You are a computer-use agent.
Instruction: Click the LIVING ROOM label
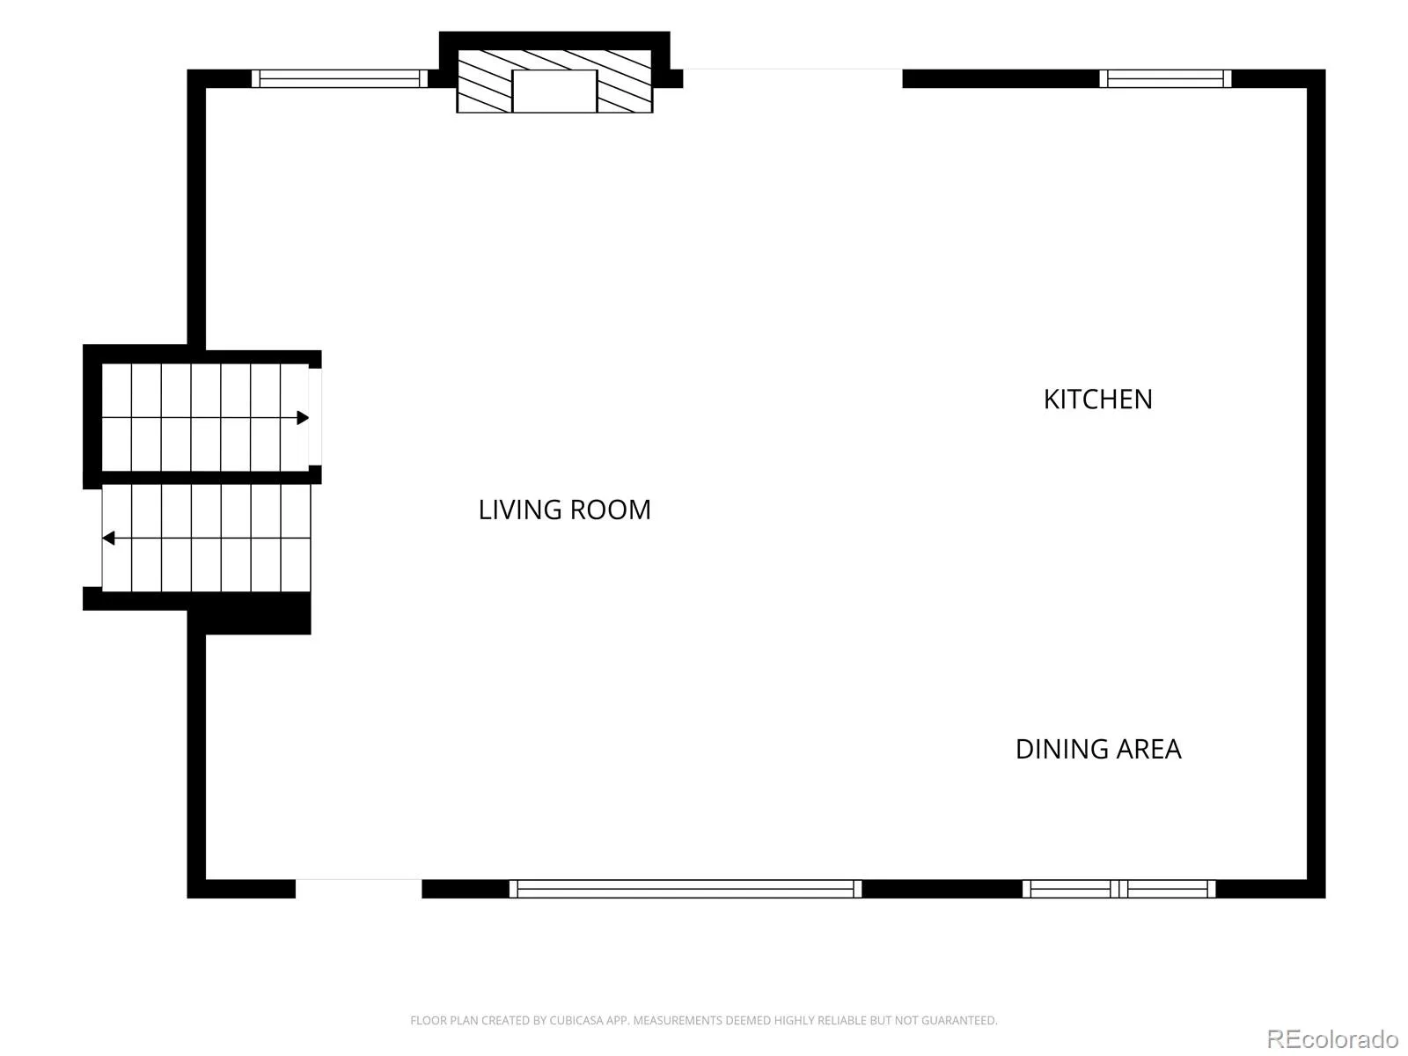[564, 510]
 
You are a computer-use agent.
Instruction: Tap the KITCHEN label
[1097, 400]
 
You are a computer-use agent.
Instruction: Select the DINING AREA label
[1098, 749]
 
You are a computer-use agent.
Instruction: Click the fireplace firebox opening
[554, 91]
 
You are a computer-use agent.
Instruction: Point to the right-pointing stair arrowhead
[303, 418]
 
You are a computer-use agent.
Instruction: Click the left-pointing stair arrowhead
[109, 538]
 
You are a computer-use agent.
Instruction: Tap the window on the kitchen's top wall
[1165, 78]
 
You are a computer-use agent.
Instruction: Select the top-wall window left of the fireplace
[340, 78]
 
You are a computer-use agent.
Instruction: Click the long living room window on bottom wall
[685, 889]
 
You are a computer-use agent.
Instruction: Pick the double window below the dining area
[1118, 889]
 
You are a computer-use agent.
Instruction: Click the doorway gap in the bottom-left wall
[358, 889]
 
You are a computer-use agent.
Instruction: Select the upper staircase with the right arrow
[205, 417]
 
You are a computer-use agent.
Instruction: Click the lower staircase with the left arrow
[206, 538]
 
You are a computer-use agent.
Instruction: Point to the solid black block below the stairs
[257, 613]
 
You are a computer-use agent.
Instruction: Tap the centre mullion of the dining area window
[1118, 889]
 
